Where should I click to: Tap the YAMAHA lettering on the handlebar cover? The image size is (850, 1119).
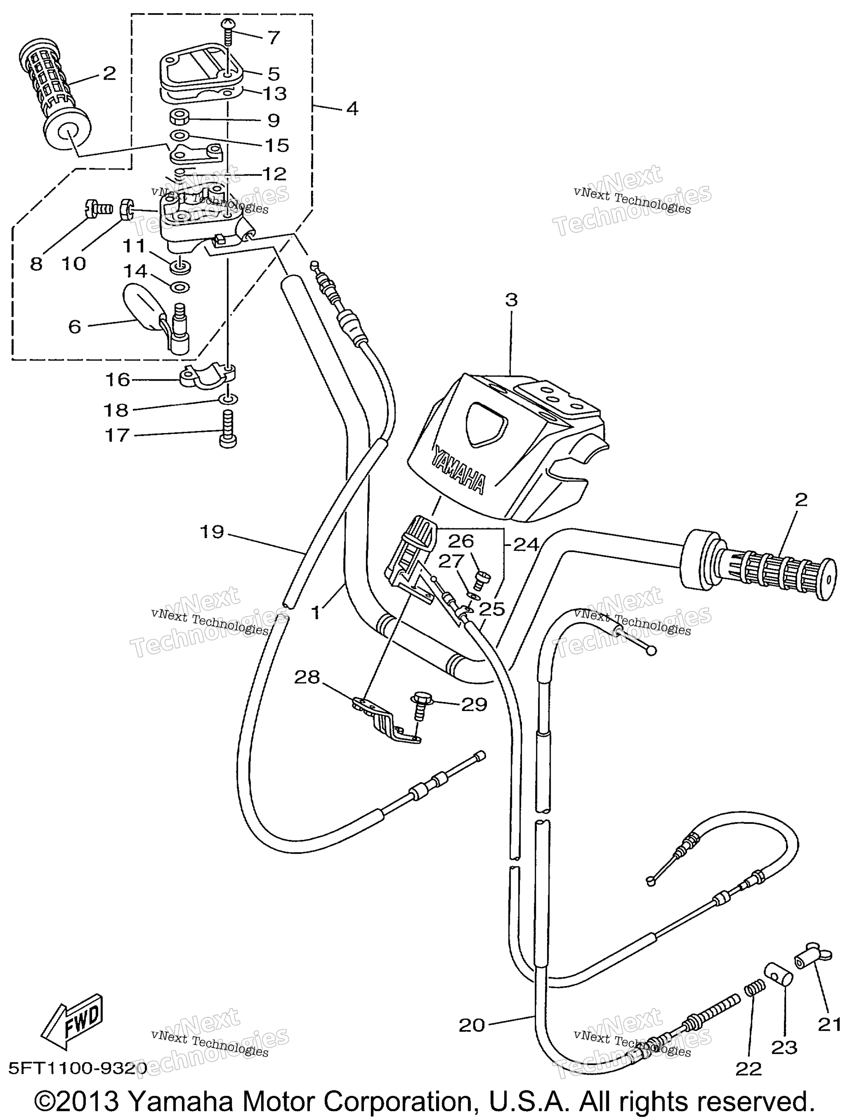tap(458, 468)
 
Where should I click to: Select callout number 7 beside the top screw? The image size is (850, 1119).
tap(273, 37)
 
